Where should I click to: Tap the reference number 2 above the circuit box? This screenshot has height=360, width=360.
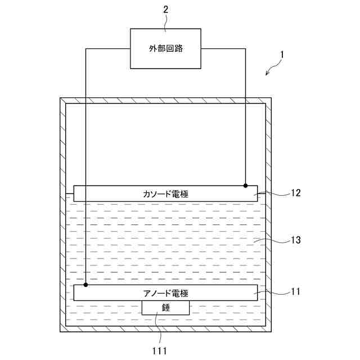165,10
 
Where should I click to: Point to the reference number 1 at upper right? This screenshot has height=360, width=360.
282,56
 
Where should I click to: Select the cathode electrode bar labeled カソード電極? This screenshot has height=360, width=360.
165,193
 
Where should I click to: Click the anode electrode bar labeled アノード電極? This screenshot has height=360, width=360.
165,292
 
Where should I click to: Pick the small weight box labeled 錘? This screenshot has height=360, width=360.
165,307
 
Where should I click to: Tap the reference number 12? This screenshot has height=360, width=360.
295,193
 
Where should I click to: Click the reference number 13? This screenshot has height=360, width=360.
295,240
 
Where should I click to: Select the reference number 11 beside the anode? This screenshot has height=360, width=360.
295,291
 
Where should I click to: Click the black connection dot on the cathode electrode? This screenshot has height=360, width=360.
245,185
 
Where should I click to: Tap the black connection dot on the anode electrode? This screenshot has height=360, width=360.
85,285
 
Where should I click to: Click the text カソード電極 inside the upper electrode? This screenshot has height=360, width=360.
165,193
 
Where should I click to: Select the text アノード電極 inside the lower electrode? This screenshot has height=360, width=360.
165,293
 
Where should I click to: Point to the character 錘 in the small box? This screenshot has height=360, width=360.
165,307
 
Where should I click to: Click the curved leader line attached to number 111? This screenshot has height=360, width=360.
158,329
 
